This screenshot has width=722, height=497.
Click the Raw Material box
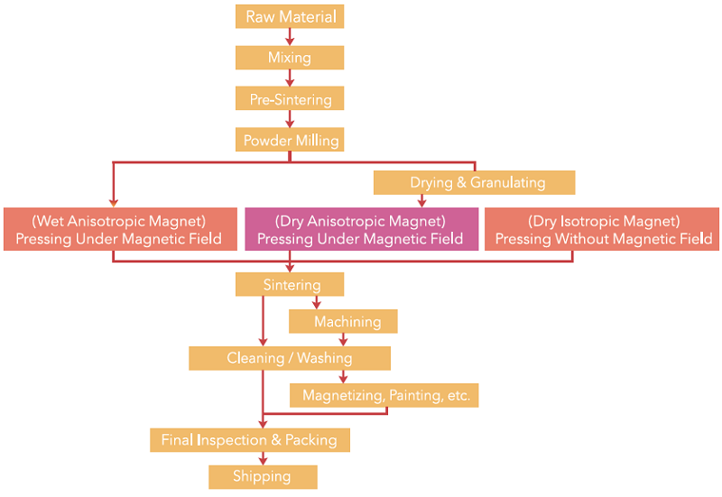(x=290, y=16)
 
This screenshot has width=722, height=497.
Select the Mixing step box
(x=290, y=58)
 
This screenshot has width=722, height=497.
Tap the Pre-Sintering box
(x=290, y=98)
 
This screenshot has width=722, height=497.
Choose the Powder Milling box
(x=290, y=140)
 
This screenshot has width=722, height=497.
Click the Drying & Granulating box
(x=475, y=183)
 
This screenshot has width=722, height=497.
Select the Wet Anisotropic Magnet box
(x=120, y=229)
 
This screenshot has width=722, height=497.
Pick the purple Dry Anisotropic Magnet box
(x=362, y=229)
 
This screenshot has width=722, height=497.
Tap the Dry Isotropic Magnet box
(x=602, y=229)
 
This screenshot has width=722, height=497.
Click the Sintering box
(x=290, y=284)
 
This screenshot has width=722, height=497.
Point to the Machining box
(x=343, y=321)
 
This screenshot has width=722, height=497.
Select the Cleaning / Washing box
(x=290, y=358)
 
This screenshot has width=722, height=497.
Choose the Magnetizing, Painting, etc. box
(x=384, y=395)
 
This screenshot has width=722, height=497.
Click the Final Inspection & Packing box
(x=250, y=440)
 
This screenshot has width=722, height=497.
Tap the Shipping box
(x=263, y=477)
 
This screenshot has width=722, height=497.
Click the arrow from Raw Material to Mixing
(x=290, y=37)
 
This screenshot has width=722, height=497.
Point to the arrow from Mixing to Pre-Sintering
(x=290, y=78)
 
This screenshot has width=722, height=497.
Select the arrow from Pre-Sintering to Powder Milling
(x=290, y=119)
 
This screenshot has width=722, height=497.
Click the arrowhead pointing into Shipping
(x=263, y=461)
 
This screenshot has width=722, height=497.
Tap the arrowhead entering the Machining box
(x=317, y=305)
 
